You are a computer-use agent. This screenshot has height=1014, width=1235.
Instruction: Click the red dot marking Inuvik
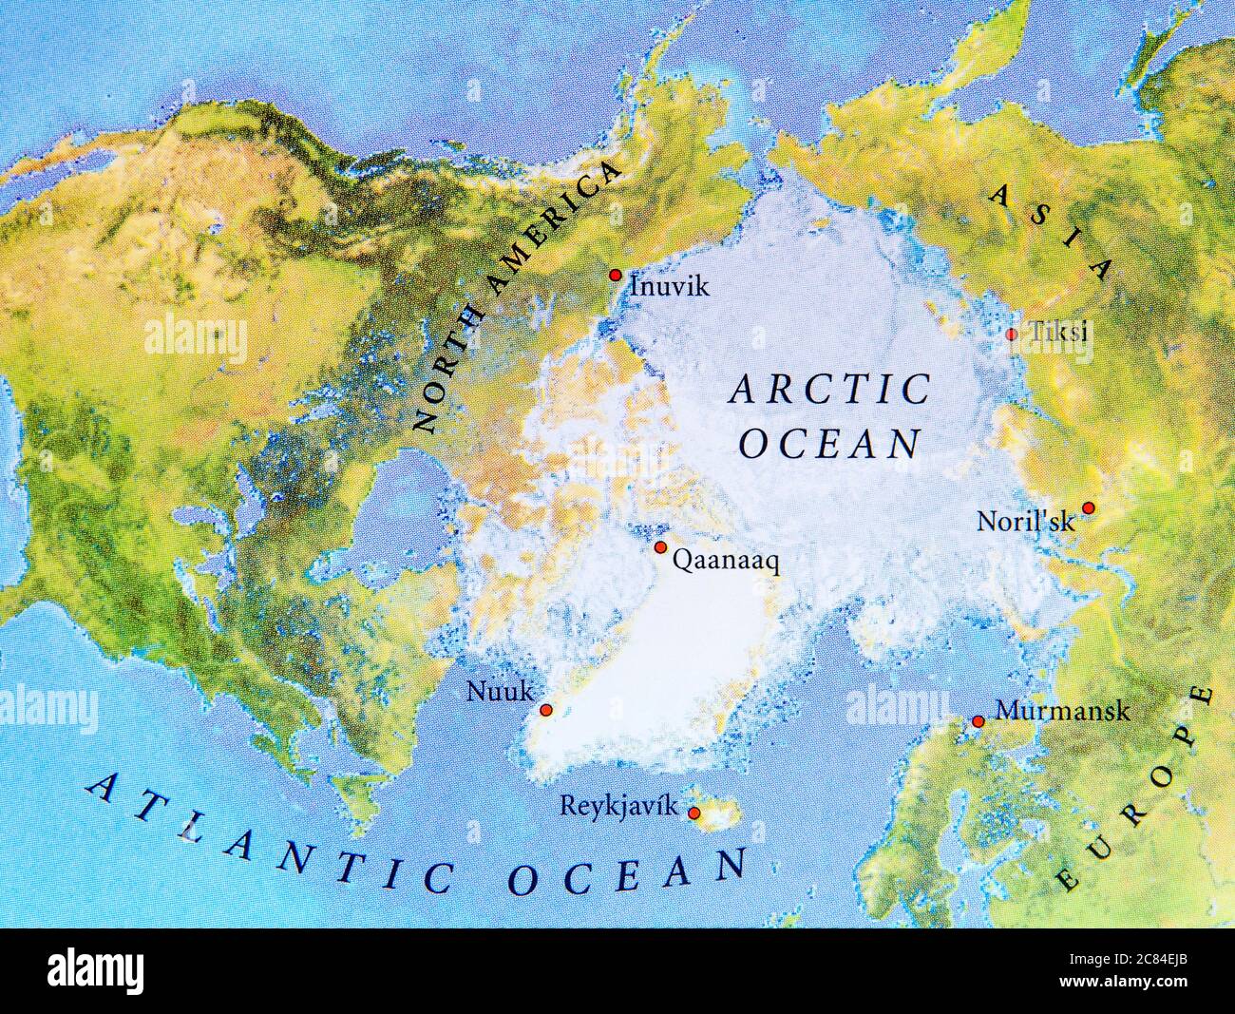coord(615,275)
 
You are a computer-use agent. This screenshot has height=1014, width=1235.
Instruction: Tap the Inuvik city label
coord(670,286)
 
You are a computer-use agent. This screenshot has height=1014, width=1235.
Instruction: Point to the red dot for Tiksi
coord(1011,334)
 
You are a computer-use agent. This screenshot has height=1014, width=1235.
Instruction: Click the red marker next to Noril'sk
coord(1089,507)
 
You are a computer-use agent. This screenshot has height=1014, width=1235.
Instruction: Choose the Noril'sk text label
coord(1026,522)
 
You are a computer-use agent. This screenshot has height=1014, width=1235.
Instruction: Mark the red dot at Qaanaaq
coord(660,547)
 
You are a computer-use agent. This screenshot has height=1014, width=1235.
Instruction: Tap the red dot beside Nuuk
coord(545,710)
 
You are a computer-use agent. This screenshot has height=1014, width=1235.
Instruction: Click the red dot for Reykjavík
coord(694,813)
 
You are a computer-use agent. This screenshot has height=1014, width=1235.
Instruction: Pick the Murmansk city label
coord(1062,711)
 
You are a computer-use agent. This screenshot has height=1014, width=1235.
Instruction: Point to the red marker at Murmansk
coord(978,722)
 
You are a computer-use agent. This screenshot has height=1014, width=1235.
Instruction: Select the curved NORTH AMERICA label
coord(513,295)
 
